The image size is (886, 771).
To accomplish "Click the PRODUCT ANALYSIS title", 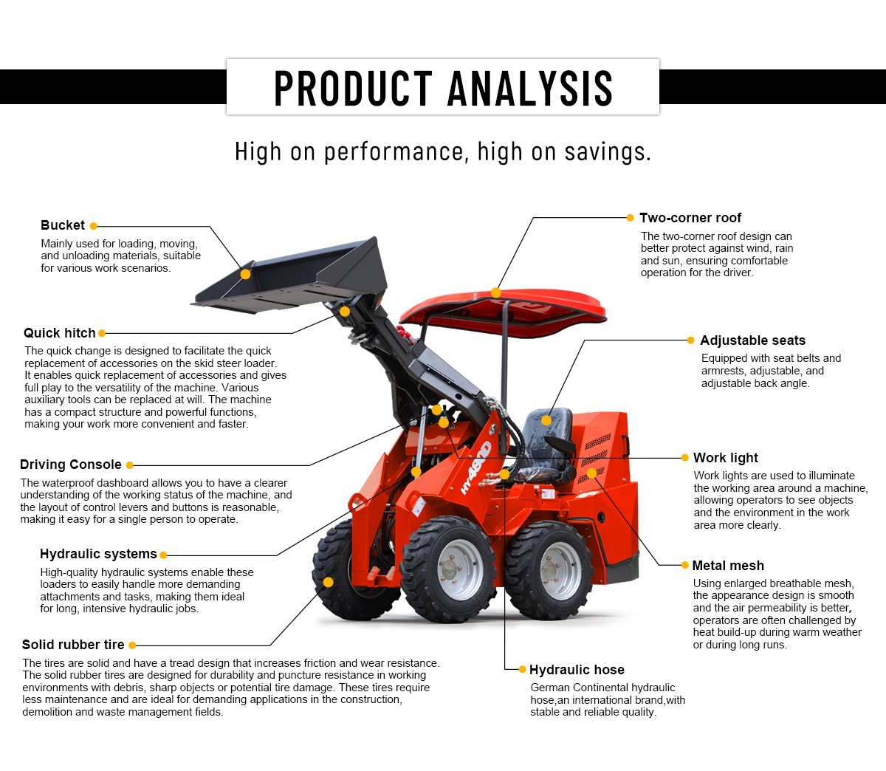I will point(443,88).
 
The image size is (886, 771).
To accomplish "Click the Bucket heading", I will point(63,225).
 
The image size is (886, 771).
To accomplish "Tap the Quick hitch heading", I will point(60,333).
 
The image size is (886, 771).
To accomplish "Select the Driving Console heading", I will point(71,465).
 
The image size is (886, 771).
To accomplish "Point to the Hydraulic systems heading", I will point(98,554).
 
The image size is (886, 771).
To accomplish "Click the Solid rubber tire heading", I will point(73,645).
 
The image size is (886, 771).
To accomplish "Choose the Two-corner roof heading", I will point(690,218).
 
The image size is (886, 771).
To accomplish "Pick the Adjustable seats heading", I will point(752,340).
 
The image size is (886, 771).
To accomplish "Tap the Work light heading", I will point(725,458).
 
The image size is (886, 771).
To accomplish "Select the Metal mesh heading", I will point(727,566).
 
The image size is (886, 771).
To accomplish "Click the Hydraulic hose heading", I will point(577,670).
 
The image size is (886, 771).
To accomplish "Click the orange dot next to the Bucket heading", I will point(94,226).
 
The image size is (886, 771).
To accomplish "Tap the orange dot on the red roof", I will point(496,292).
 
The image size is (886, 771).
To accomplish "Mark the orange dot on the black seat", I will point(546,420).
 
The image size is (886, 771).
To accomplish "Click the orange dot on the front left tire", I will point(329,582).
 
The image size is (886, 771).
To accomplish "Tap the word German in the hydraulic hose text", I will point(549,688).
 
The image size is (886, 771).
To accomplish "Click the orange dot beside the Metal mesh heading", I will point(684,565).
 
